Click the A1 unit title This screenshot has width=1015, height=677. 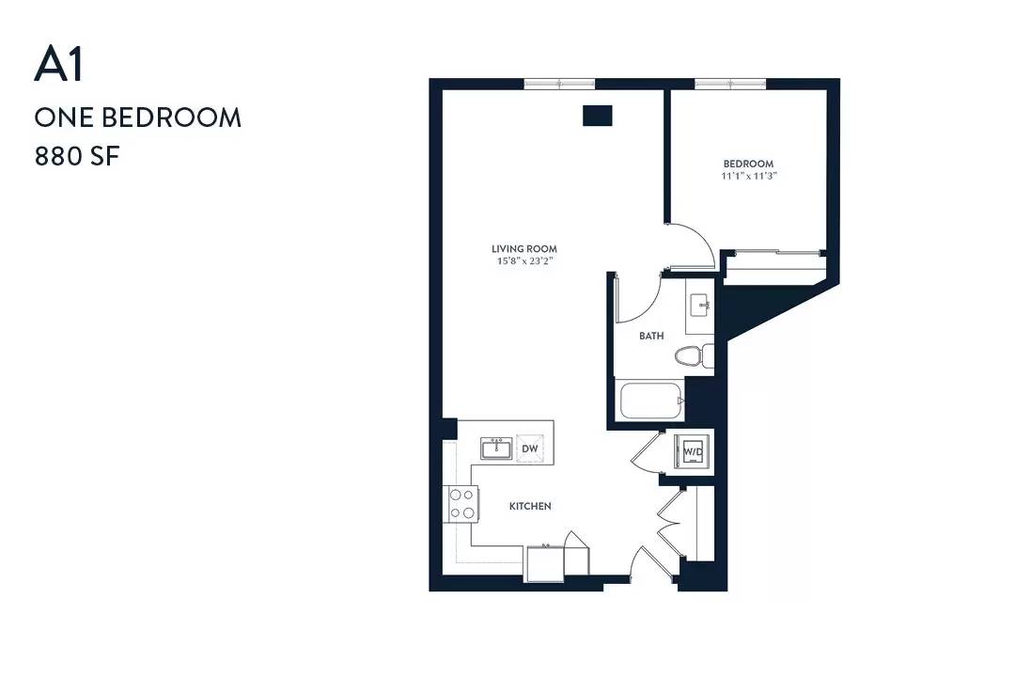tap(59, 66)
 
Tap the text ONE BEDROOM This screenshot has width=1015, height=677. tap(138, 118)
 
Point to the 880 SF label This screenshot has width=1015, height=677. tap(77, 157)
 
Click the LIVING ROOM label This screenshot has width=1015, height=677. tap(524, 249)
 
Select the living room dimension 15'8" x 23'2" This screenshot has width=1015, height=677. tap(524, 261)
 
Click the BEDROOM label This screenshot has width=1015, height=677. tap(748, 164)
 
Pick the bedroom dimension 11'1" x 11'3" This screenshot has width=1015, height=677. tap(749, 176)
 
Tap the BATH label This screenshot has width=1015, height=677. tap(651, 336)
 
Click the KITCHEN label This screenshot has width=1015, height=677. tap(530, 506)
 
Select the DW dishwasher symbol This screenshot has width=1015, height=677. tap(529, 449)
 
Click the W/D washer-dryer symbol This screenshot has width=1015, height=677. tap(693, 450)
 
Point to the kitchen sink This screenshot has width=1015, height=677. tap(496, 449)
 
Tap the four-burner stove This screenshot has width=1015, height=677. tap(463, 504)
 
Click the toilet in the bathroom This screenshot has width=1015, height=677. tap(694, 355)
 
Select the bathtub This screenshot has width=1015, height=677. tap(651, 401)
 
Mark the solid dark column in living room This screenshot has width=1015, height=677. tap(598, 116)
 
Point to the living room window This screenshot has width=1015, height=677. tap(559, 84)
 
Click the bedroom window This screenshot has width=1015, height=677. tap(730, 84)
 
